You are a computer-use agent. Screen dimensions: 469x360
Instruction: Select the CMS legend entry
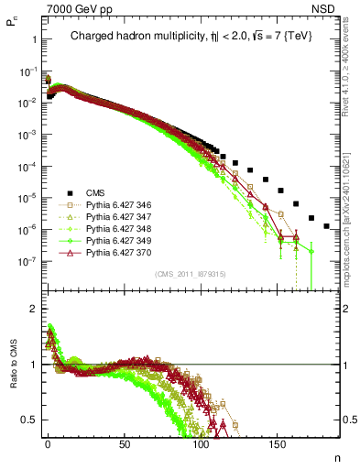(x=96, y=192)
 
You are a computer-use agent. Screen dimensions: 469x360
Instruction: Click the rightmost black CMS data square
(x=327, y=226)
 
